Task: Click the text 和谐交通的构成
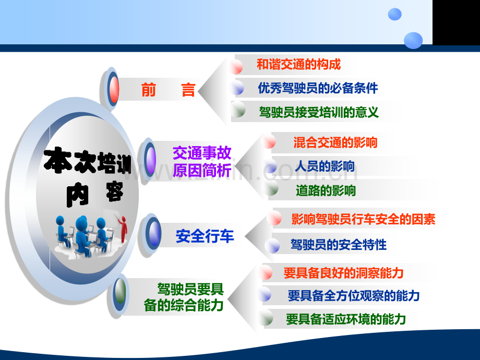pos(298,65)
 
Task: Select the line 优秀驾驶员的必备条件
pos(318,88)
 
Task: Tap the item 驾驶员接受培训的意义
pos(318,112)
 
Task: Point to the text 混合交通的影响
pos(335,142)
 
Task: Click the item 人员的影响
pos(325,166)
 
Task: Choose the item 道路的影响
pos(326,190)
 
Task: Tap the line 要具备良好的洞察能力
pos(343,273)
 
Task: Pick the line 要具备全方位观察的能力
pos(353,296)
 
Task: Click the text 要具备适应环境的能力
pos(345,319)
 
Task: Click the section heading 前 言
pos(168,90)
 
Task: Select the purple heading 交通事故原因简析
pos(202,162)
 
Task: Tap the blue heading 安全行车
pos(205,236)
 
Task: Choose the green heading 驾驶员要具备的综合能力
pos(184,297)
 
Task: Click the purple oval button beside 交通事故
pos(150,159)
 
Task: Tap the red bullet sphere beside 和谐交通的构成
pos(236,66)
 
